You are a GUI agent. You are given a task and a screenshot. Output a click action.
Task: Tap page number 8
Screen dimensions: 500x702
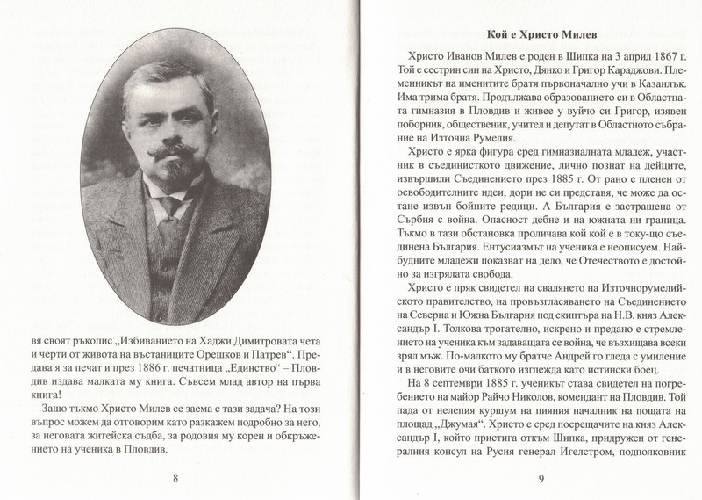[x=175, y=453]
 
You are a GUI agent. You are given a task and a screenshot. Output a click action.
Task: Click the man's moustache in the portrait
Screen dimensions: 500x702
[x=182, y=155]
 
